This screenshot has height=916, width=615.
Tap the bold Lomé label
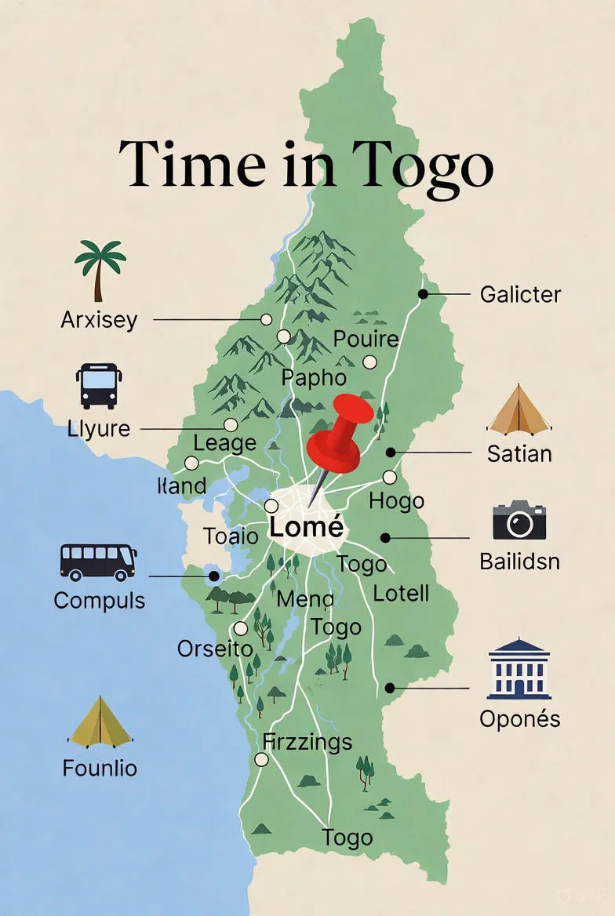305,527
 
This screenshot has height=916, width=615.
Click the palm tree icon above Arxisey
100,270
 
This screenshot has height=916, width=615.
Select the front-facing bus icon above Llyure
98,385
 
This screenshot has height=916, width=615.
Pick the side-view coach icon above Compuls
98,562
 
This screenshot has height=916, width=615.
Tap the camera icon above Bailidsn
519,521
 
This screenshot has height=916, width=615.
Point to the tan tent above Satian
518,410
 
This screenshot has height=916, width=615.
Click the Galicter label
520,295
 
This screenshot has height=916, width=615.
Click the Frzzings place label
307,741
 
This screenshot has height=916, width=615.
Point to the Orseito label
214,649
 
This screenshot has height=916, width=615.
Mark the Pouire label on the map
366,340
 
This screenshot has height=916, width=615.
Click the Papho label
314,377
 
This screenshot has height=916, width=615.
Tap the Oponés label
520,718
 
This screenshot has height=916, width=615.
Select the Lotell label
401,593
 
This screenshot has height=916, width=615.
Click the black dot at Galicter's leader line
423,294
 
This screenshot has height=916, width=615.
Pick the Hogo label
396,501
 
